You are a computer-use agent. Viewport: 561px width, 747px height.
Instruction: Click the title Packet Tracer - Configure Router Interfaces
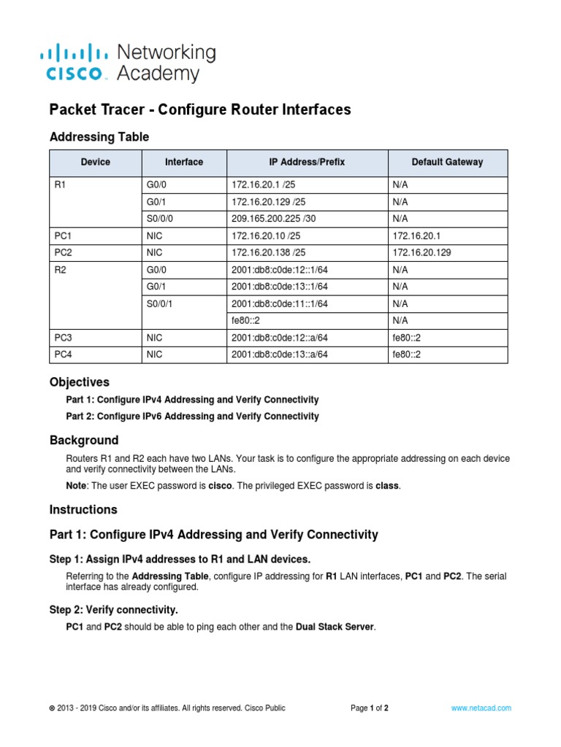click(x=199, y=109)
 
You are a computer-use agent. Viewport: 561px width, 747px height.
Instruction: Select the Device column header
click(x=96, y=162)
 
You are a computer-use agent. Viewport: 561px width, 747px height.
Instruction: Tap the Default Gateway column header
click(x=447, y=162)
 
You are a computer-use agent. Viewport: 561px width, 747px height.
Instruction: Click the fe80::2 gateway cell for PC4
click(x=406, y=355)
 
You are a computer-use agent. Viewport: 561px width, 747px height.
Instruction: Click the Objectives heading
click(x=79, y=382)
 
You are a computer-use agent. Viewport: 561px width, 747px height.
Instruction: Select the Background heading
click(x=83, y=440)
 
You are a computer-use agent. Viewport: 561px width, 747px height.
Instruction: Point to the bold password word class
click(x=387, y=485)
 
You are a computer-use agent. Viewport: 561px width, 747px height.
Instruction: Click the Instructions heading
click(x=83, y=509)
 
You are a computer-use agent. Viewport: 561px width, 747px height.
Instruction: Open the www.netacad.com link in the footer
click(x=481, y=708)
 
